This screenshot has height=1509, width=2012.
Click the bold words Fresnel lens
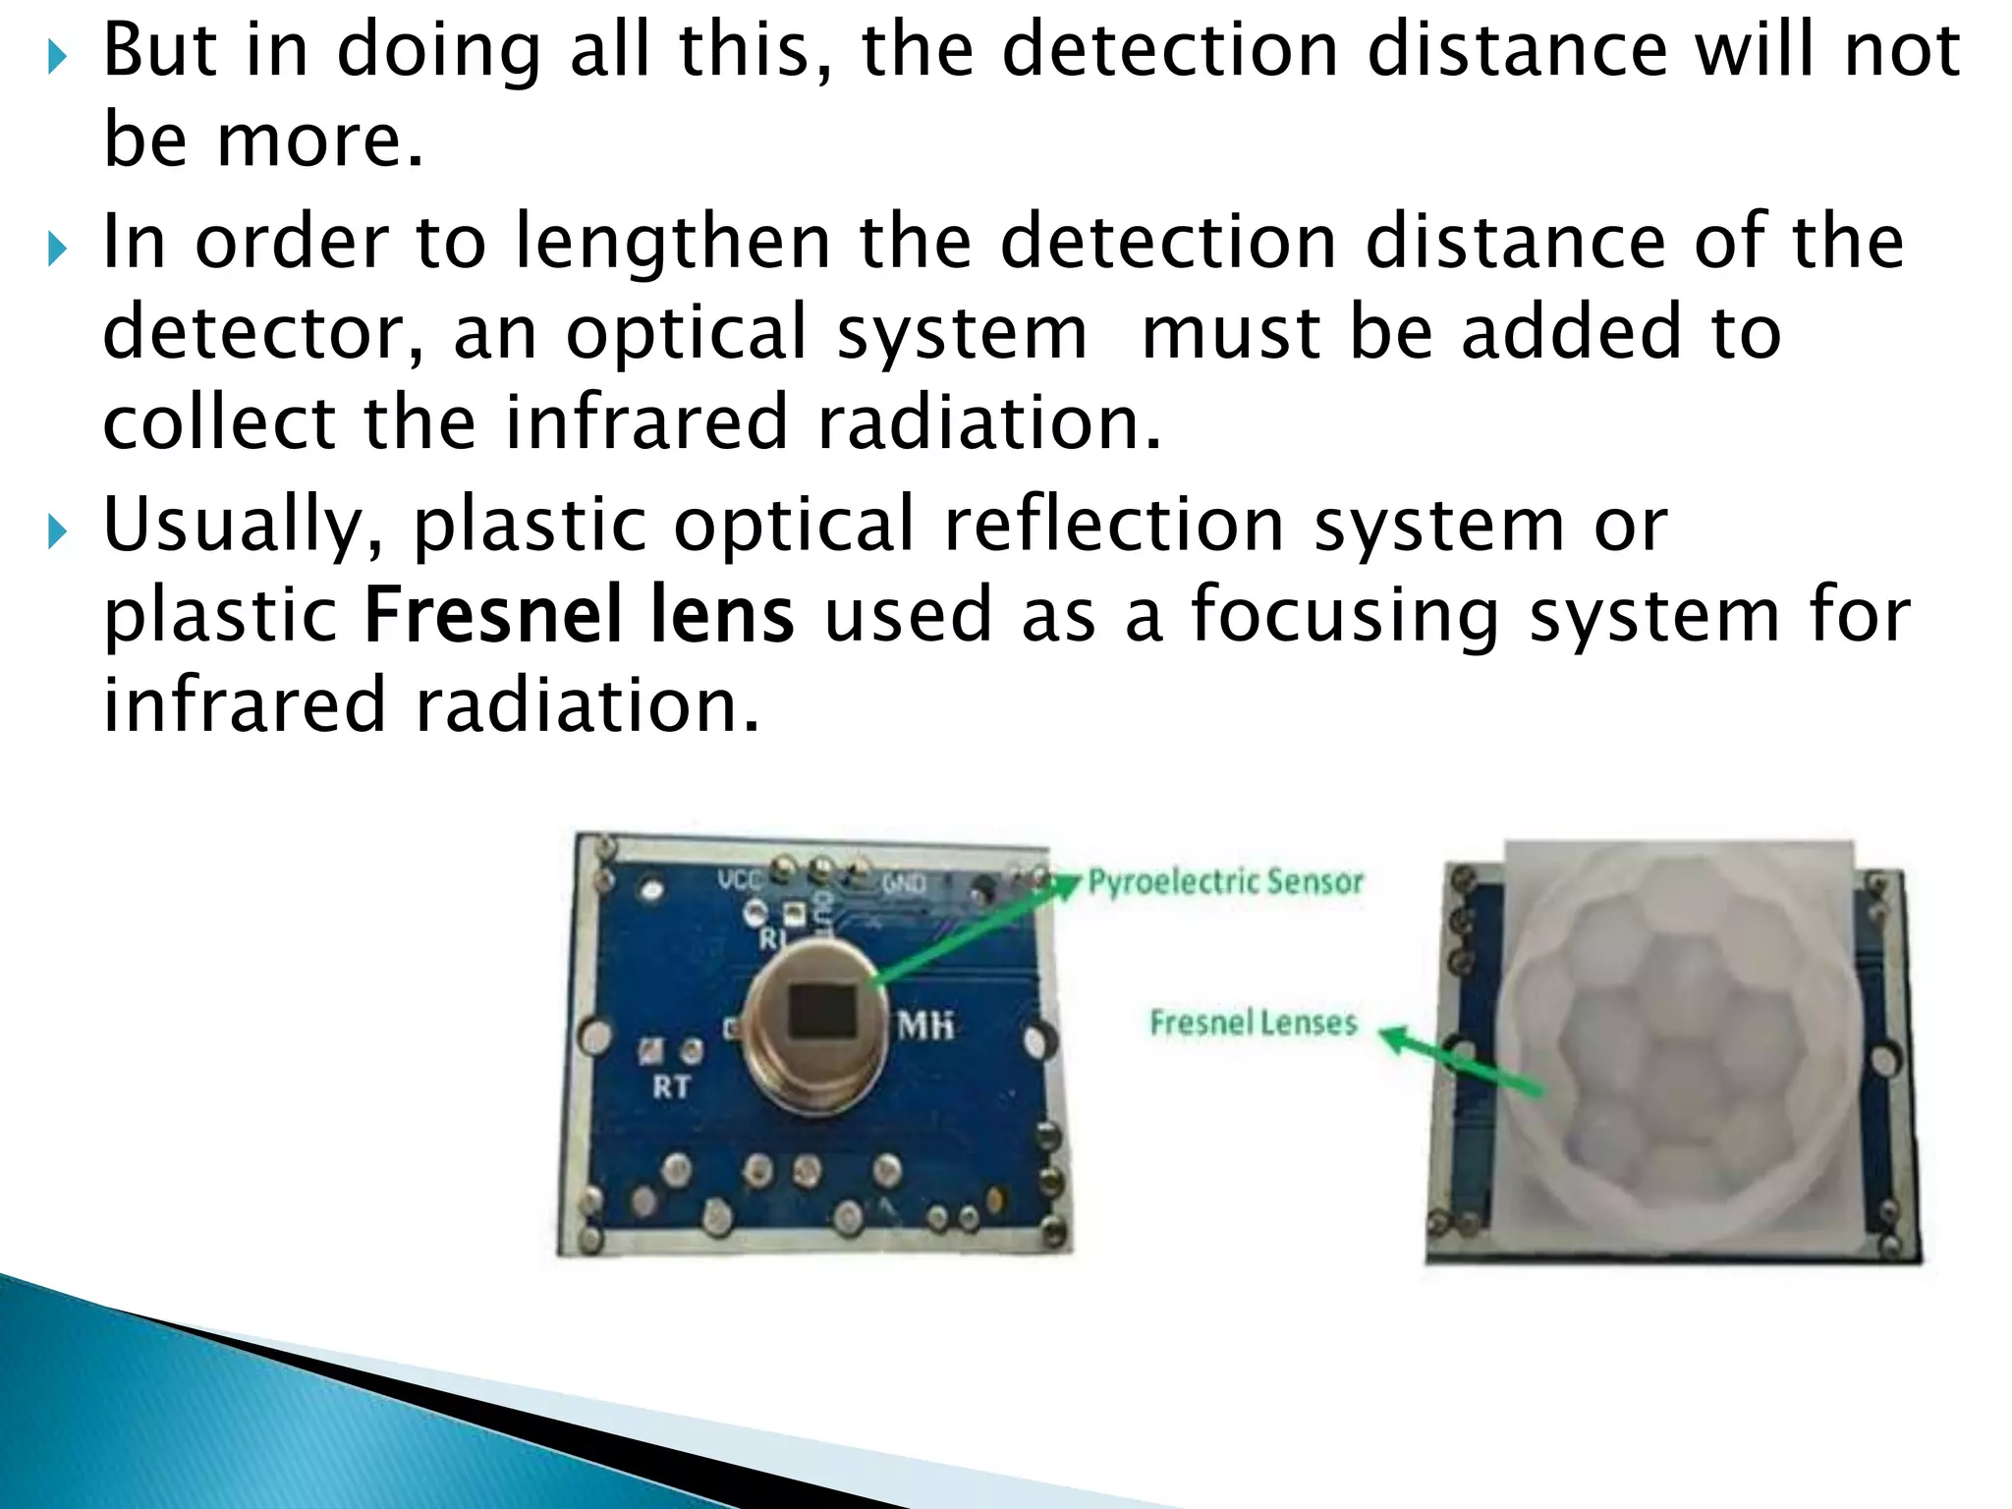pyautogui.click(x=579, y=616)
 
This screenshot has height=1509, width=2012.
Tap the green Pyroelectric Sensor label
pyautogui.click(x=1225, y=881)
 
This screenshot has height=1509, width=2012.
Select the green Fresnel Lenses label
pyautogui.click(x=1254, y=1023)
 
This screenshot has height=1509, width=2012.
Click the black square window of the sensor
pyautogui.click(x=822, y=1010)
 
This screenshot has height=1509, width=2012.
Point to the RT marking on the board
pyautogui.click(x=672, y=1087)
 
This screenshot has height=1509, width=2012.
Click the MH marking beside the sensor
pyautogui.click(x=925, y=1026)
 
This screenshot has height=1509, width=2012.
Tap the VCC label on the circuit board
pyautogui.click(x=740, y=878)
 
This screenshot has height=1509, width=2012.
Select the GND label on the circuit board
pyautogui.click(x=904, y=883)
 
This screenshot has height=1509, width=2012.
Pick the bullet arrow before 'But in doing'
pyautogui.click(x=57, y=58)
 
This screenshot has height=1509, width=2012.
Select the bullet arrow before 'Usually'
pyautogui.click(x=57, y=532)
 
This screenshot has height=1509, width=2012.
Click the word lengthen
pyautogui.click(x=673, y=243)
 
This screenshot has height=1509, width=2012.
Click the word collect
pyautogui.click(x=219, y=423)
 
